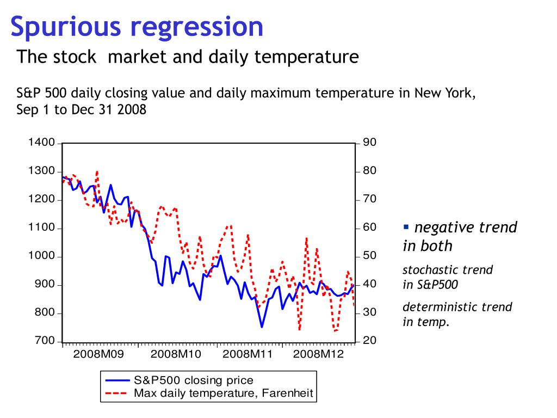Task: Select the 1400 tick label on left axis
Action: coord(42,143)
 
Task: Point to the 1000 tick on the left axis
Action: coord(42,256)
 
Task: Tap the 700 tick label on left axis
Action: coord(45,341)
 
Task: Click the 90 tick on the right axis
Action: coord(370,143)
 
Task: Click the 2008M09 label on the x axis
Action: coord(98,354)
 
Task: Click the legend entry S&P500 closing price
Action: coord(193,380)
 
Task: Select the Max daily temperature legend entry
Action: coord(223,393)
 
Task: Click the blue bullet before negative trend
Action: coord(406,226)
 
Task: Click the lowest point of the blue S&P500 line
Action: coord(262,327)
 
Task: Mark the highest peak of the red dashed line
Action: coord(97,171)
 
